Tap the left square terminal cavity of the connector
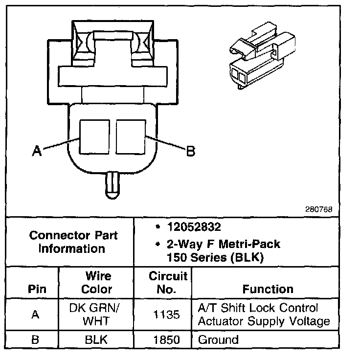pos(94,137)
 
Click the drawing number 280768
pos(318,209)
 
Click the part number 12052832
pos(193,227)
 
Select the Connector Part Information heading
pos(73,242)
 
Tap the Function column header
pos(268,289)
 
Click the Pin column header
pos(35,289)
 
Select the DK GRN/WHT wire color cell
pos(96,314)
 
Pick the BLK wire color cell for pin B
pos(96,339)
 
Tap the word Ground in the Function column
pos(218,339)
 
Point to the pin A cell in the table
pos(35,315)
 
